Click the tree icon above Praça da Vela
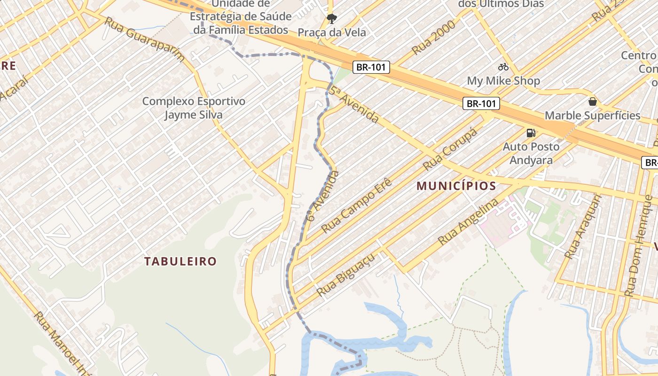(x=332, y=19)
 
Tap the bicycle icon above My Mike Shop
(x=503, y=67)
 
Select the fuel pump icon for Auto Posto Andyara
(x=531, y=133)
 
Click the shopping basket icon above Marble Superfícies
(x=592, y=102)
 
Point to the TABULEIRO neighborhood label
(x=180, y=261)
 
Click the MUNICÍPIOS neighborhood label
(x=456, y=186)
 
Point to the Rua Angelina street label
(x=468, y=221)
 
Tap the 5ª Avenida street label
(x=354, y=104)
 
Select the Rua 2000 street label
(x=433, y=38)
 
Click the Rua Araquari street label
(x=583, y=227)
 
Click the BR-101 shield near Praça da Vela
(x=371, y=67)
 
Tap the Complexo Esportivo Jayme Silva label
(x=194, y=108)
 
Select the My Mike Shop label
(x=503, y=81)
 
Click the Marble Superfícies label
(x=592, y=116)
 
